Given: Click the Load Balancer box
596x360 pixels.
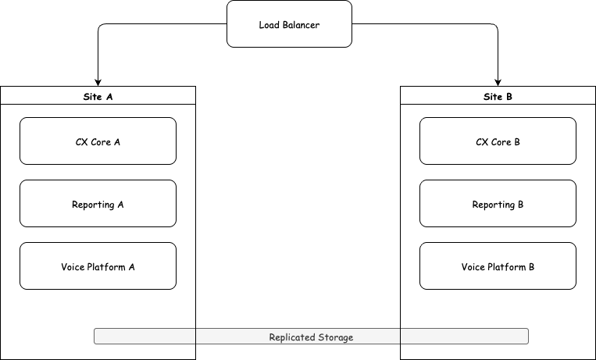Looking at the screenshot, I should (289, 24).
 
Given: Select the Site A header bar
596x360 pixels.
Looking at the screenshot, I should (98, 96).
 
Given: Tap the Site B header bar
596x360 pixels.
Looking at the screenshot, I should (498, 96).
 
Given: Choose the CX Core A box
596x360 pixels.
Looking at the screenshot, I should (98, 141).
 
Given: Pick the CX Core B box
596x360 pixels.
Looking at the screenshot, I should (498, 141).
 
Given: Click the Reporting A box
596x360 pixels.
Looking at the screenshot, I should (98, 204).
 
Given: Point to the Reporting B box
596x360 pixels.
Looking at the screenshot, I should (498, 204).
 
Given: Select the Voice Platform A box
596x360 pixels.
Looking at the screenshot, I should (98, 266).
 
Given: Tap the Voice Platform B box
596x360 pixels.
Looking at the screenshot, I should (498, 266).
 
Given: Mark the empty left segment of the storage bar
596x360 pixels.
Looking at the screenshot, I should (145, 337).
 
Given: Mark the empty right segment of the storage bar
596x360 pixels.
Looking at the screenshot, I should (464, 337).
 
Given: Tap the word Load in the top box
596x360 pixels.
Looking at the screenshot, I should (269, 25).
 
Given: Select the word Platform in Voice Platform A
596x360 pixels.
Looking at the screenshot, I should (105, 267).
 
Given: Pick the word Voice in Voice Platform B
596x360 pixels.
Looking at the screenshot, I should (473, 267).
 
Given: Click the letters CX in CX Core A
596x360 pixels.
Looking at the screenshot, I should (82, 142).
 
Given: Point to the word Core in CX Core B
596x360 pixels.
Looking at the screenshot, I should (501, 142).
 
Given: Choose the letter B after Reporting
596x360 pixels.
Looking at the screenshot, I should (519, 205).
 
